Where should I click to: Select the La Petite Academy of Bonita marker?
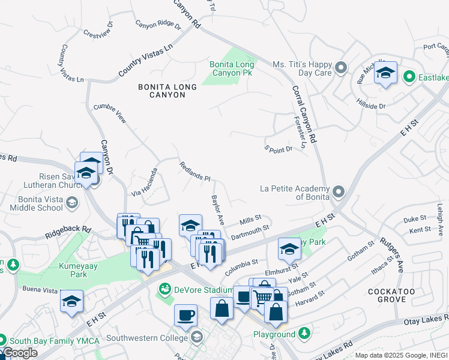339,192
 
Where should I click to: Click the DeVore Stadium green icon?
164,290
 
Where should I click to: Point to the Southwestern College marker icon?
196,338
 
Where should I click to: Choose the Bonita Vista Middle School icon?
71,203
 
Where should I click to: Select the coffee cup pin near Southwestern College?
185,315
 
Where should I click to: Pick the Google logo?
19,353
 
